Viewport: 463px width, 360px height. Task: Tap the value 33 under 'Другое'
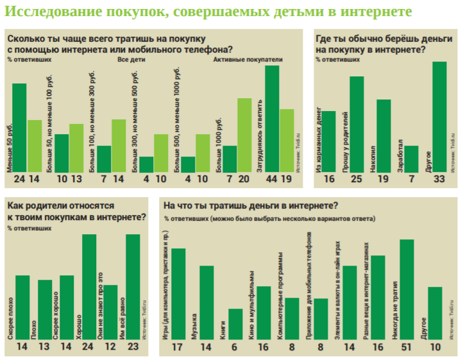coord(439,180)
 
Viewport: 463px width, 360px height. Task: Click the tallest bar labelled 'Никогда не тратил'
coord(407,289)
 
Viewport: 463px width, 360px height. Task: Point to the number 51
coord(407,348)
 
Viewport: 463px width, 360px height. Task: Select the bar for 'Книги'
coord(235,324)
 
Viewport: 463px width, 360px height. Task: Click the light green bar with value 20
coord(244,135)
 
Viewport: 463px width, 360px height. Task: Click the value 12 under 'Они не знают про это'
coord(110,348)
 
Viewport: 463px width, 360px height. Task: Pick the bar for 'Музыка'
coord(206,302)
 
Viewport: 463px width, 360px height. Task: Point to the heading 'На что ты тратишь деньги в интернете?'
coord(251,206)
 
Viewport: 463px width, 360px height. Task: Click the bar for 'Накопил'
coord(383,135)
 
